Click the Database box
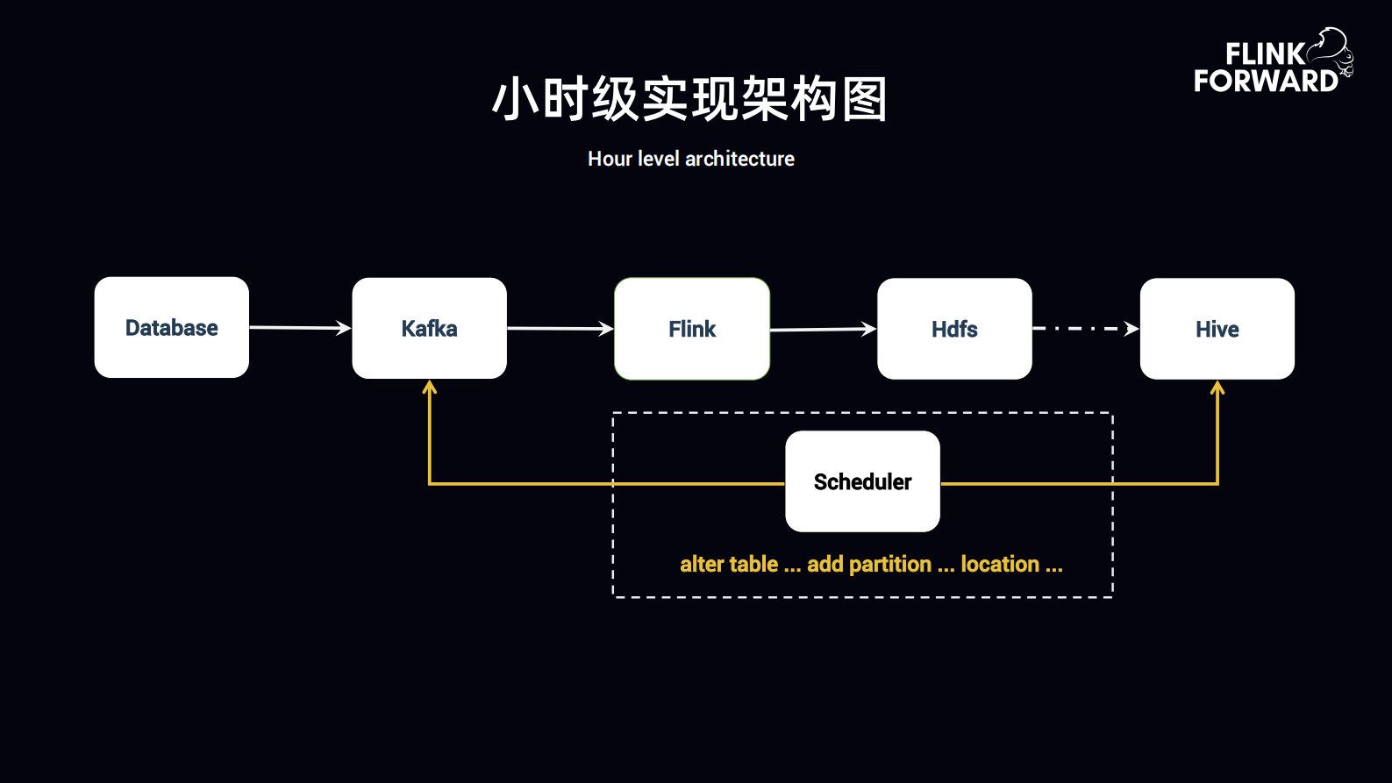click(x=171, y=328)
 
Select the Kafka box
click(x=429, y=329)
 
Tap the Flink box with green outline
click(x=692, y=329)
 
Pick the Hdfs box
click(x=954, y=329)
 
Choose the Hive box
click(x=1217, y=329)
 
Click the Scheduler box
click(x=862, y=481)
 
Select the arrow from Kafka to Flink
click(x=560, y=329)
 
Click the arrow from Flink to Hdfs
click(x=823, y=330)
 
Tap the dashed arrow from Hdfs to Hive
click(x=1085, y=329)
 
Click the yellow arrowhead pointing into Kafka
click(x=429, y=388)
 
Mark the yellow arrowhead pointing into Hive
click(x=1217, y=388)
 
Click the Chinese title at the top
click(x=690, y=98)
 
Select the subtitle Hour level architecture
click(x=690, y=159)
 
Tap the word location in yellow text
click(x=999, y=564)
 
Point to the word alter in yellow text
click(x=703, y=564)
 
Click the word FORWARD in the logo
click(x=1265, y=81)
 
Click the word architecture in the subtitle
click(x=739, y=159)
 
